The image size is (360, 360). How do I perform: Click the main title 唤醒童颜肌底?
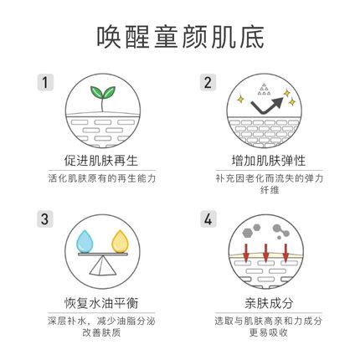[180, 37]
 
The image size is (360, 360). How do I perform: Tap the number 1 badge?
[45, 82]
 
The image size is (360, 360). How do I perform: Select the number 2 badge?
[208, 82]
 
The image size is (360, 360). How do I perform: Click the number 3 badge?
[45, 219]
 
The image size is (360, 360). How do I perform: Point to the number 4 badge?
[208, 219]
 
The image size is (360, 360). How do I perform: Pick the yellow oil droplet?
[120, 242]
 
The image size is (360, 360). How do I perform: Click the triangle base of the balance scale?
[102, 265]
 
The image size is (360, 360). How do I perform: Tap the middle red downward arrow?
[265, 253]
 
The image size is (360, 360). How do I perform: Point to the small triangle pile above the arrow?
[264, 90]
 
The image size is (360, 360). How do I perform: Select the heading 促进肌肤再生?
[101, 161]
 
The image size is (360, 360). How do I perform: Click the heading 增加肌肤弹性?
[269, 161]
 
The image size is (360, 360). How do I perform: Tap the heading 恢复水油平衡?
[101, 303]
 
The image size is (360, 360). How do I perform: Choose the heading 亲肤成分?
[269, 303]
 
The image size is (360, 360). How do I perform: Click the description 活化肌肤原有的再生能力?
[101, 178]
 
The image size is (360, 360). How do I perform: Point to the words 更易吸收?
[269, 332]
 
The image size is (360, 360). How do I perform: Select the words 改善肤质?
[101, 332]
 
